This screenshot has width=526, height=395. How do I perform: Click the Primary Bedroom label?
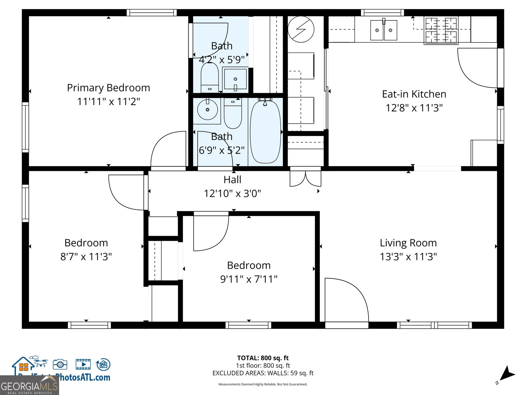(x=108, y=88)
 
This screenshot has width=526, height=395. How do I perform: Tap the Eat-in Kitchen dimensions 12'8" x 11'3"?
(x=414, y=108)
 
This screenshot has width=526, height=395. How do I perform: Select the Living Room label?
(x=408, y=243)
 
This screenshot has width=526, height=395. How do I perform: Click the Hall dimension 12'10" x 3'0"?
(x=232, y=194)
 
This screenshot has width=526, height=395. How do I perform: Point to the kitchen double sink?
(x=384, y=30)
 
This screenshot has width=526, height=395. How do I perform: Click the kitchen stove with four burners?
(x=441, y=31)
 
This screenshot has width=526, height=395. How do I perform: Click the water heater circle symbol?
(x=301, y=29)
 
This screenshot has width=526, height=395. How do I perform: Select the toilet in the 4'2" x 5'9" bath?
(x=209, y=78)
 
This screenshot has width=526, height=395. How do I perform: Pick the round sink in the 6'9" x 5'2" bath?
(x=207, y=110)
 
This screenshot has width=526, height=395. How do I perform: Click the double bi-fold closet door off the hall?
(x=305, y=178)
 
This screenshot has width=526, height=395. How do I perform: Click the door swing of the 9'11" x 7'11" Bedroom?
(x=210, y=232)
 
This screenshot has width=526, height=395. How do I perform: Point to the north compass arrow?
(x=507, y=375)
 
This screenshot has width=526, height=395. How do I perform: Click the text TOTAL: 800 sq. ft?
(x=263, y=358)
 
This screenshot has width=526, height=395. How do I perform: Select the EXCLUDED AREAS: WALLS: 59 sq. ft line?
(x=263, y=373)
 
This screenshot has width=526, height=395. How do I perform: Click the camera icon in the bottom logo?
(x=60, y=364)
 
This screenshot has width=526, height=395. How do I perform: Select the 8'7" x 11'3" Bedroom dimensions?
(x=86, y=257)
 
